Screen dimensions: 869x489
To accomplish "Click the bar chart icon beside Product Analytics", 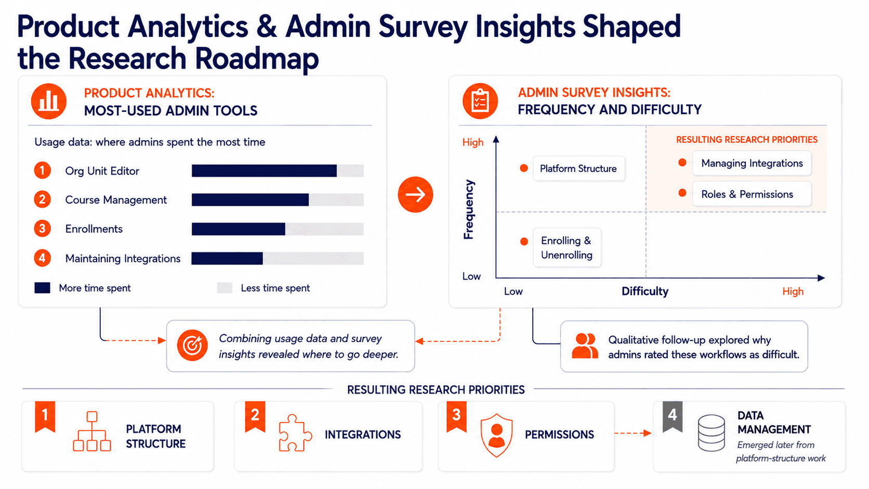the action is coord(48,101).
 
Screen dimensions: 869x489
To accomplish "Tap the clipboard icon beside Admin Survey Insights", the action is coord(480,101).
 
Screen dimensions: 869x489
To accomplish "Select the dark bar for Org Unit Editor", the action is coord(264,170).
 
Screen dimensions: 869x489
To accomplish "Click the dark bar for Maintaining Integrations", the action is coord(227,258).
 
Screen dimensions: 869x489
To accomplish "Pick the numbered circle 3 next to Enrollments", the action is coord(42,229).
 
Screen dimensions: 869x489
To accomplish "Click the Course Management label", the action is coord(115,200).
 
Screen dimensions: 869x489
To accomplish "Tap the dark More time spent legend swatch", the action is coord(42,288).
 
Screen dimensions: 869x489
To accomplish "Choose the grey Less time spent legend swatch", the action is coord(225,288).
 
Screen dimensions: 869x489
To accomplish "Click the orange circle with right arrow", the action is coord(415,194).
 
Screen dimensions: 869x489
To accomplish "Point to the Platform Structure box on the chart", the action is coord(579,168).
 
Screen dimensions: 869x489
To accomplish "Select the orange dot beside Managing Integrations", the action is coord(682,163).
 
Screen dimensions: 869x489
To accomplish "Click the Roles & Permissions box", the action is coord(752,194).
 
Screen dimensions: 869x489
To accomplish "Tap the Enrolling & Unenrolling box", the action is coord(567,247).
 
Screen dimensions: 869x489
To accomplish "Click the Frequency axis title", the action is coord(469,209).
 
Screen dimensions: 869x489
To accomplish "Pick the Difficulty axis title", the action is coord(645,291).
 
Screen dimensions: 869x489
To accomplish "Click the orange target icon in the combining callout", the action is coord(192,345).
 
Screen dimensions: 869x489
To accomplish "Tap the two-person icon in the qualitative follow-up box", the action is coord(585,346).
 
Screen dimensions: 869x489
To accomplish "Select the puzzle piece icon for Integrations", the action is coord(295,433).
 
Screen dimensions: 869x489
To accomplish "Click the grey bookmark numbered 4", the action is coord(673,416).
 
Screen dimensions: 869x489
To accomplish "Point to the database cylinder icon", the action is coord(711,433).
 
